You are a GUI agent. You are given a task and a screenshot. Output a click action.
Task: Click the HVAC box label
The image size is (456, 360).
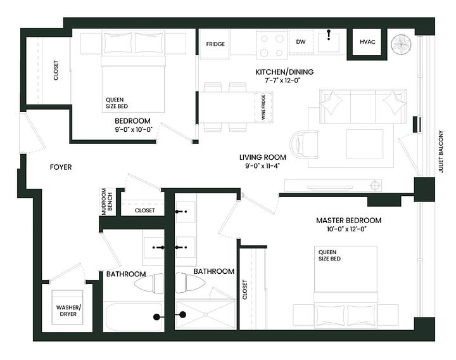367,42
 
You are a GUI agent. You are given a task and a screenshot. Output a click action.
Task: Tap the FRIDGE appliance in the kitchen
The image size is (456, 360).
215,44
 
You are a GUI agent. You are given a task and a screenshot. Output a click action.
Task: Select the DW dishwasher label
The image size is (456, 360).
301,42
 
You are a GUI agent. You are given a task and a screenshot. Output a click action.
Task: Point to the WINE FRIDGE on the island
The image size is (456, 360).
263,107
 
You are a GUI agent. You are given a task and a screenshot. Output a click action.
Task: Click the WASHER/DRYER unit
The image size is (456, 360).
68,307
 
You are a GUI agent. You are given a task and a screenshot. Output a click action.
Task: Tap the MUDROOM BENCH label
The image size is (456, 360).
107,202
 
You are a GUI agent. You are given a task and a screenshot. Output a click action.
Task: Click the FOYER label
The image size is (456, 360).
61,167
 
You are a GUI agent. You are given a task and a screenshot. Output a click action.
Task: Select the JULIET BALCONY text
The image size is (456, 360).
441,151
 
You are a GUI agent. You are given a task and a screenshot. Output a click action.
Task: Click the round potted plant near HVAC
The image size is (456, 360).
401,45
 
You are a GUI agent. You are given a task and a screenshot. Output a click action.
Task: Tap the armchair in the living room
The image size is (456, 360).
303,145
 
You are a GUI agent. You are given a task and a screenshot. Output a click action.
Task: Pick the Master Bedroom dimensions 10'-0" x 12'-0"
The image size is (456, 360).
346,229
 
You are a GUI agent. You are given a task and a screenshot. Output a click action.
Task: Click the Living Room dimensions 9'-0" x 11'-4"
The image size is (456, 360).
262,166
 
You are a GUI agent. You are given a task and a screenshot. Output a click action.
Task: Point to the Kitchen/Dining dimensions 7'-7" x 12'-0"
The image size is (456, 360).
282,80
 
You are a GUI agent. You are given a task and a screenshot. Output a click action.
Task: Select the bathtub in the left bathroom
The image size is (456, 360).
133,316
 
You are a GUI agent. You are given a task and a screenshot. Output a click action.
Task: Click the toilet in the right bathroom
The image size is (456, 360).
190,283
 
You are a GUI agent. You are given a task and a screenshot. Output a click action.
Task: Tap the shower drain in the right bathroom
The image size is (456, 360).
206,314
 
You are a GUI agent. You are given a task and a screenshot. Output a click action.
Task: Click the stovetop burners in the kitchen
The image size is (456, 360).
272,45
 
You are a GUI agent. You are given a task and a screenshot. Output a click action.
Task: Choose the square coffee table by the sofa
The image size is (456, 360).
364,144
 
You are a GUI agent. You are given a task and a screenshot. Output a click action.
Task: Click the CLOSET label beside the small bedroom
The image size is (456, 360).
56,70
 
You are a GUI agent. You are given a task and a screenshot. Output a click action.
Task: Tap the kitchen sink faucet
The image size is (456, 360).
329,34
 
